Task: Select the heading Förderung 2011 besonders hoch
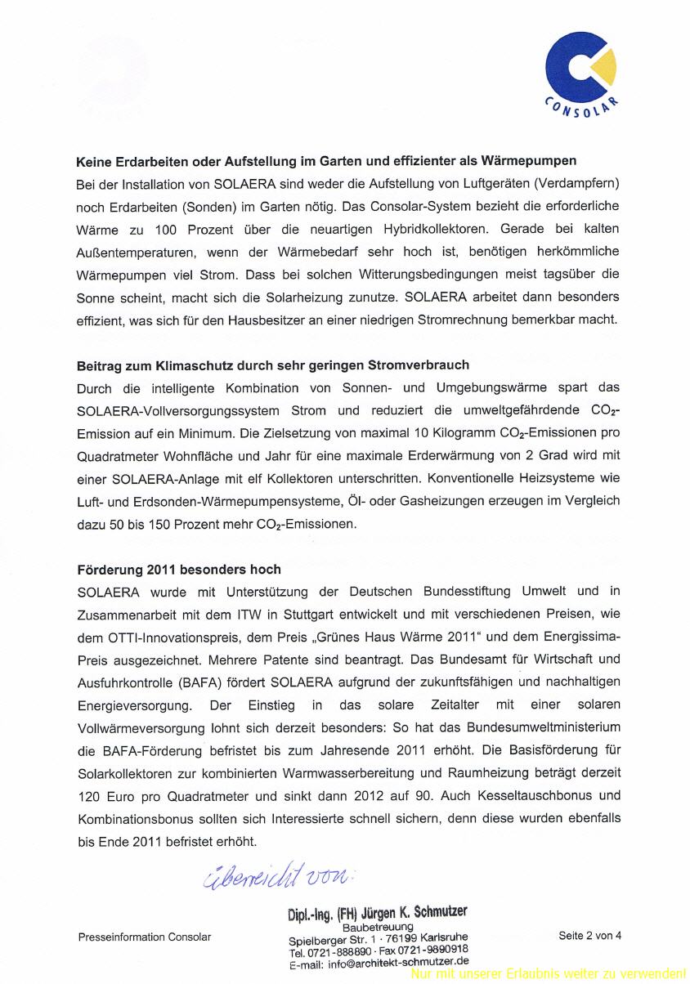click(179, 569)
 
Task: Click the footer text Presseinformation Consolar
click(145, 937)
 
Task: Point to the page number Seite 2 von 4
click(589, 936)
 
